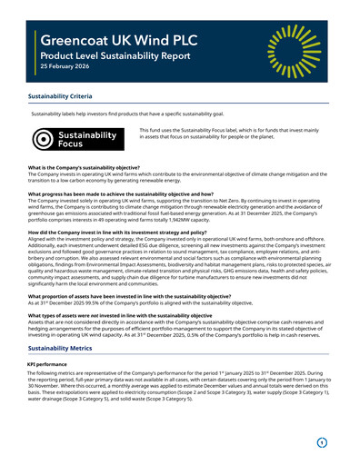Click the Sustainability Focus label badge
77,139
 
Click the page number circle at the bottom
321,442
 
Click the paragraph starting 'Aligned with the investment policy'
178,262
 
